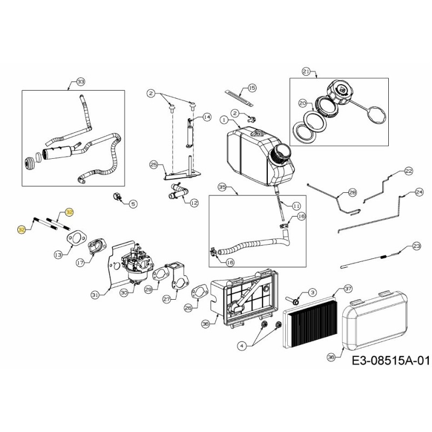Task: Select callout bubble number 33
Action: (x=80, y=82)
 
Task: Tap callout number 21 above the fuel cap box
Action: (x=306, y=71)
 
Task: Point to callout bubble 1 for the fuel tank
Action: (x=224, y=119)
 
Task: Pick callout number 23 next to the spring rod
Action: (x=416, y=246)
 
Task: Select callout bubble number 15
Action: (x=251, y=87)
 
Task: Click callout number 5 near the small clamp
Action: (x=133, y=204)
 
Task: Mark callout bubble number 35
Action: (x=221, y=187)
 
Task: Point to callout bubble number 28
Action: (x=352, y=192)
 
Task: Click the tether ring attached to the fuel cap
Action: (x=373, y=116)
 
